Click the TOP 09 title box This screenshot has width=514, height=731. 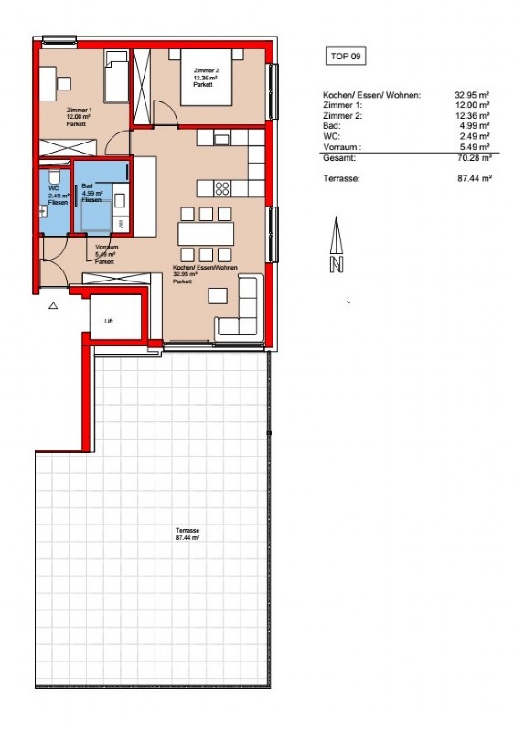click(x=345, y=57)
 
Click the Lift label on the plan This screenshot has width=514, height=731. click(x=108, y=321)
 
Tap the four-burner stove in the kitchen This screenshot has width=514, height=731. click(x=222, y=188)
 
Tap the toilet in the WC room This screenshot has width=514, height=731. click(x=57, y=177)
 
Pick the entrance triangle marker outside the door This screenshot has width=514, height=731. click(x=53, y=306)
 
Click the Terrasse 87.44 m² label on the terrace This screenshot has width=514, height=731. click(x=187, y=535)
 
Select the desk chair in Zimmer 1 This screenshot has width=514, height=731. click(x=65, y=84)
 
